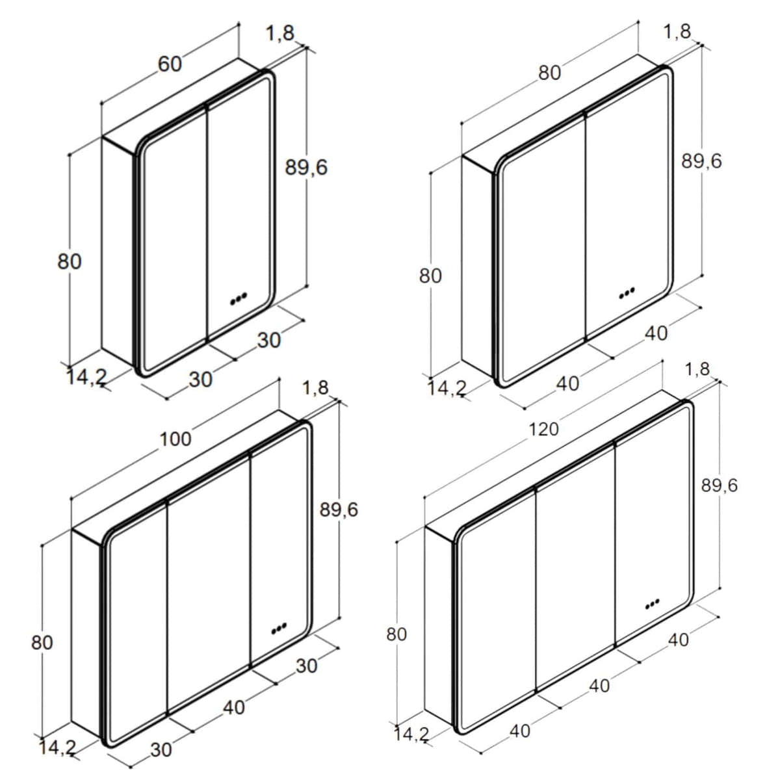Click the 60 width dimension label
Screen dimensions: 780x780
(x=170, y=64)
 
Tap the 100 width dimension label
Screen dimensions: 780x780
(x=175, y=439)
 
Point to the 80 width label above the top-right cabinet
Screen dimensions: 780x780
(x=549, y=73)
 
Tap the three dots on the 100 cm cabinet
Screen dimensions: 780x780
(x=279, y=627)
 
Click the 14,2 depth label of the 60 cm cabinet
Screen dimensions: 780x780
(x=86, y=378)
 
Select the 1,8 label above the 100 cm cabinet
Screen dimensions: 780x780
(x=315, y=388)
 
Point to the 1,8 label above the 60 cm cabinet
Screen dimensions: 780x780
(x=280, y=33)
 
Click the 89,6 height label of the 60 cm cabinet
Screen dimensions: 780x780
(x=306, y=168)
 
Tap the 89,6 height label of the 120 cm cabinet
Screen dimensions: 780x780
(x=720, y=486)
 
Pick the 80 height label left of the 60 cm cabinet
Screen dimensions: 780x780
(x=69, y=261)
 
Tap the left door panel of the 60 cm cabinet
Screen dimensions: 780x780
(x=174, y=239)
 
